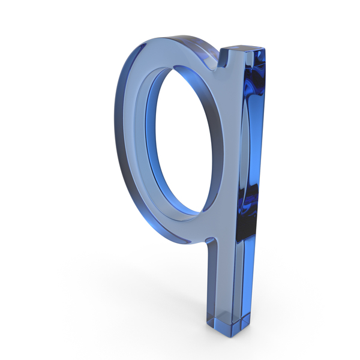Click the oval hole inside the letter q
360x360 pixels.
(x=184, y=140)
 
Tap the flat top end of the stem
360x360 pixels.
(x=244, y=49)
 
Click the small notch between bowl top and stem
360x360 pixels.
(x=222, y=62)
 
